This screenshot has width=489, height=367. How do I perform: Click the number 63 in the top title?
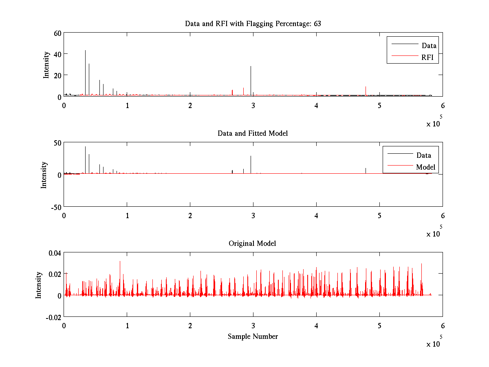[317, 24]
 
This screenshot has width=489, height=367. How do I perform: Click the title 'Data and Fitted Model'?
[253, 133]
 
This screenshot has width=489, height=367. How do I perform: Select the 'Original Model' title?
[252, 243]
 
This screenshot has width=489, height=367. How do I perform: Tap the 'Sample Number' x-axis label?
[253, 336]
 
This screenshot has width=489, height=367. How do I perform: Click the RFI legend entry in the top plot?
[428, 57]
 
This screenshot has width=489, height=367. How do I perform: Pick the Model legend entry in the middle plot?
[425, 167]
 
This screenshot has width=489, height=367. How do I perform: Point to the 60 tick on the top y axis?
[57, 33]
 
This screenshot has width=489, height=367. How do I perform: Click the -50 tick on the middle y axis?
[56, 207]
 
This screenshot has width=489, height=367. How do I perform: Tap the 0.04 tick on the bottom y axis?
[55, 253]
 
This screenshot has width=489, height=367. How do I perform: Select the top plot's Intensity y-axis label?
[47, 64]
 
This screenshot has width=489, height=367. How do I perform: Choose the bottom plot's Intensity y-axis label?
[39, 285]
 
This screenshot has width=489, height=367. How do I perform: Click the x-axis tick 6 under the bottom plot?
[443, 326]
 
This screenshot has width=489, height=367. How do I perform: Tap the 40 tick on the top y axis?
[57, 54]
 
